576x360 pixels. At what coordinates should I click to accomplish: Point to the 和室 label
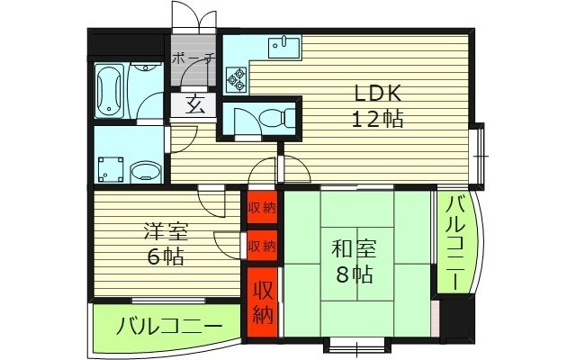tap(352, 249)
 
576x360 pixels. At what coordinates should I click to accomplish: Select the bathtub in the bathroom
tap(111, 91)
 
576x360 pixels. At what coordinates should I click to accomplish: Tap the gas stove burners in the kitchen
tap(238, 80)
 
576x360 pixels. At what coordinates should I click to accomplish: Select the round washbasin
tap(145, 169)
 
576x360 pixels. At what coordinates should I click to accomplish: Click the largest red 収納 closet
tap(262, 302)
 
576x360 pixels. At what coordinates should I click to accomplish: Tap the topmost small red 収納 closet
tap(262, 207)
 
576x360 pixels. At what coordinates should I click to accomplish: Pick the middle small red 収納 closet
tap(262, 246)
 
